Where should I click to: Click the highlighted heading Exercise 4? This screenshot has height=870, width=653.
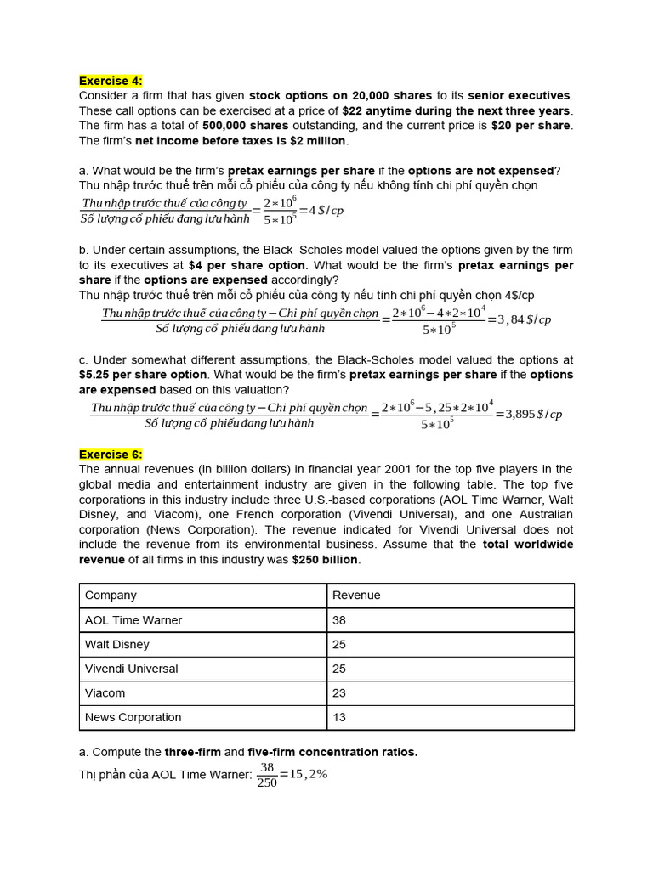[111, 81]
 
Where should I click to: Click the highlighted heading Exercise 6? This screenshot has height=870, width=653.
[111, 455]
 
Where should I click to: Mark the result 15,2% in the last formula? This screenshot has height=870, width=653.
[309, 774]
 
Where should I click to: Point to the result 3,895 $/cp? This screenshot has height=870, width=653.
[534, 414]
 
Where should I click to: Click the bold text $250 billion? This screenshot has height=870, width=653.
[325, 560]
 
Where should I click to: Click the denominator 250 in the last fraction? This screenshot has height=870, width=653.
[267, 782]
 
